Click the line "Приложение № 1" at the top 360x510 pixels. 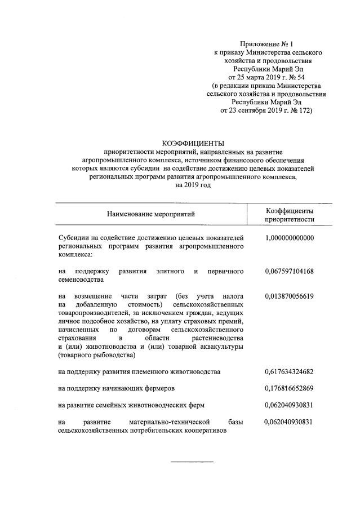[x=266, y=43]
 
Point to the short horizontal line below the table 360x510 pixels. [x=192, y=462]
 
